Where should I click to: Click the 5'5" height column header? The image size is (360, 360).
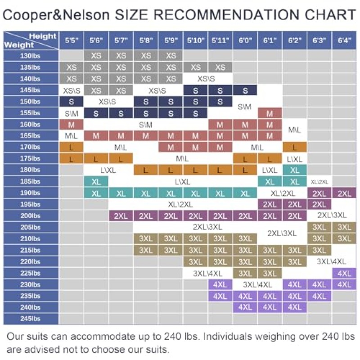tap(72, 40)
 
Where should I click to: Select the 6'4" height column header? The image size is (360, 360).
tap(344, 40)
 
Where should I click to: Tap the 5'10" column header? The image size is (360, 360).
tap(195, 40)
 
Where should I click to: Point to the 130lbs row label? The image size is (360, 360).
tap(30, 56)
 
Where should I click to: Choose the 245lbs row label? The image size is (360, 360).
tap(30, 319)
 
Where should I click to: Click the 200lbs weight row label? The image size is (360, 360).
tap(30, 216)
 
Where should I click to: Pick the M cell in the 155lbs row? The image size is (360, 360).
tap(270, 113)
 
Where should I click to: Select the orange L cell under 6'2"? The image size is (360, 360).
tap(295, 147)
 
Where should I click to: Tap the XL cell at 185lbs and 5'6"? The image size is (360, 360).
tap(96, 182)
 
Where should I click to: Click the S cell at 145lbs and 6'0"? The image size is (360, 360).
tap(245, 90)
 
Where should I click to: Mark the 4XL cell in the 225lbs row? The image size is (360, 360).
tap(344, 273)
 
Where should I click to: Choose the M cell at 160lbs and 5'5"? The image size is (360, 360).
tap(71, 125)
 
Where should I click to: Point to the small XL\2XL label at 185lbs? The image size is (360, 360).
tap(319, 182)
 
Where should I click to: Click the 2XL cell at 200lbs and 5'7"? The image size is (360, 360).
tap(121, 216)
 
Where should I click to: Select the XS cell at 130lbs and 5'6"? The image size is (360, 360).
tap(96, 55)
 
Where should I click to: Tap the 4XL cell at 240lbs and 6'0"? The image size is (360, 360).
tap(245, 307)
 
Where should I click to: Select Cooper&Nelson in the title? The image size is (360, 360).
tap(56, 15)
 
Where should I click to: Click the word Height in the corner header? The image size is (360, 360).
tap(43, 36)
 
